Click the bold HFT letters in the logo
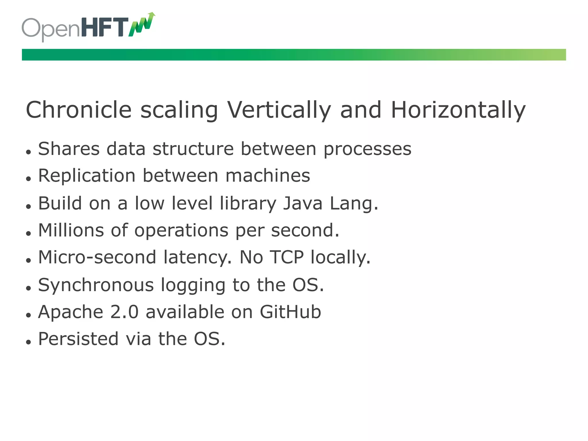[x=105, y=28]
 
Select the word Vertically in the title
[x=279, y=110]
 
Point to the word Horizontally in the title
[x=458, y=110]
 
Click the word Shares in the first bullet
[x=69, y=149]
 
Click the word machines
[x=268, y=176]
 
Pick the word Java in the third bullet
[x=303, y=204]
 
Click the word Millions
[x=71, y=230]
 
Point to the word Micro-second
[x=97, y=257]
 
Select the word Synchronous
[x=96, y=285]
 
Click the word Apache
[x=71, y=312]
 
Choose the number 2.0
[x=124, y=312]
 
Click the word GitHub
[x=290, y=312]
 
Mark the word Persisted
[x=78, y=339]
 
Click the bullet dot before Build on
[x=28, y=206]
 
